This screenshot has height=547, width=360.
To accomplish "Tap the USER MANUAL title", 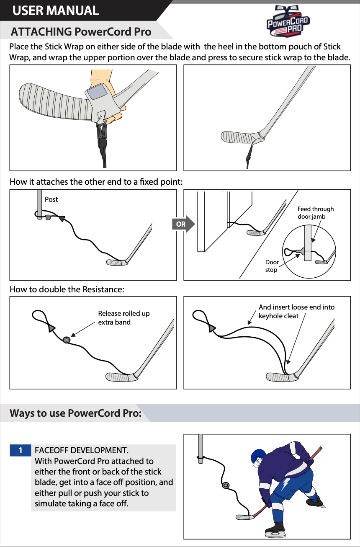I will click(x=56, y=10).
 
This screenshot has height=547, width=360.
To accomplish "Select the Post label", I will click(x=51, y=199).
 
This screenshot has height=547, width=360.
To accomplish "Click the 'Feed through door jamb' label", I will click(x=316, y=213).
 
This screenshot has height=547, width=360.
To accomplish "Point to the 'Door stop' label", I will click(x=272, y=266).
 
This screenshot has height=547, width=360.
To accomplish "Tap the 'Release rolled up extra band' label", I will click(x=123, y=318).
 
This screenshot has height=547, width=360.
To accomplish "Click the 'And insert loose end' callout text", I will click(x=296, y=312).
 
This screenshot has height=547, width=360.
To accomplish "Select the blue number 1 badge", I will click(x=20, y=450).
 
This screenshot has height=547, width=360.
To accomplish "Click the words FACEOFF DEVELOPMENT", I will click(x=81, y=450).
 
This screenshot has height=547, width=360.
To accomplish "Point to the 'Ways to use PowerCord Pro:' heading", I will click(x=75, y=413).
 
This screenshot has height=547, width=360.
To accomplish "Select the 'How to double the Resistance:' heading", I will click(x=67, y=289).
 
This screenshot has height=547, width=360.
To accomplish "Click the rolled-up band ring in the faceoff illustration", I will click(x=226, y=485).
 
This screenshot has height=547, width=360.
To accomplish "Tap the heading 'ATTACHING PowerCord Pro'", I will click(x=81, y=32).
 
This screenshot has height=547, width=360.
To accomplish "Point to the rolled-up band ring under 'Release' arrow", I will click(x=66, y=340).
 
